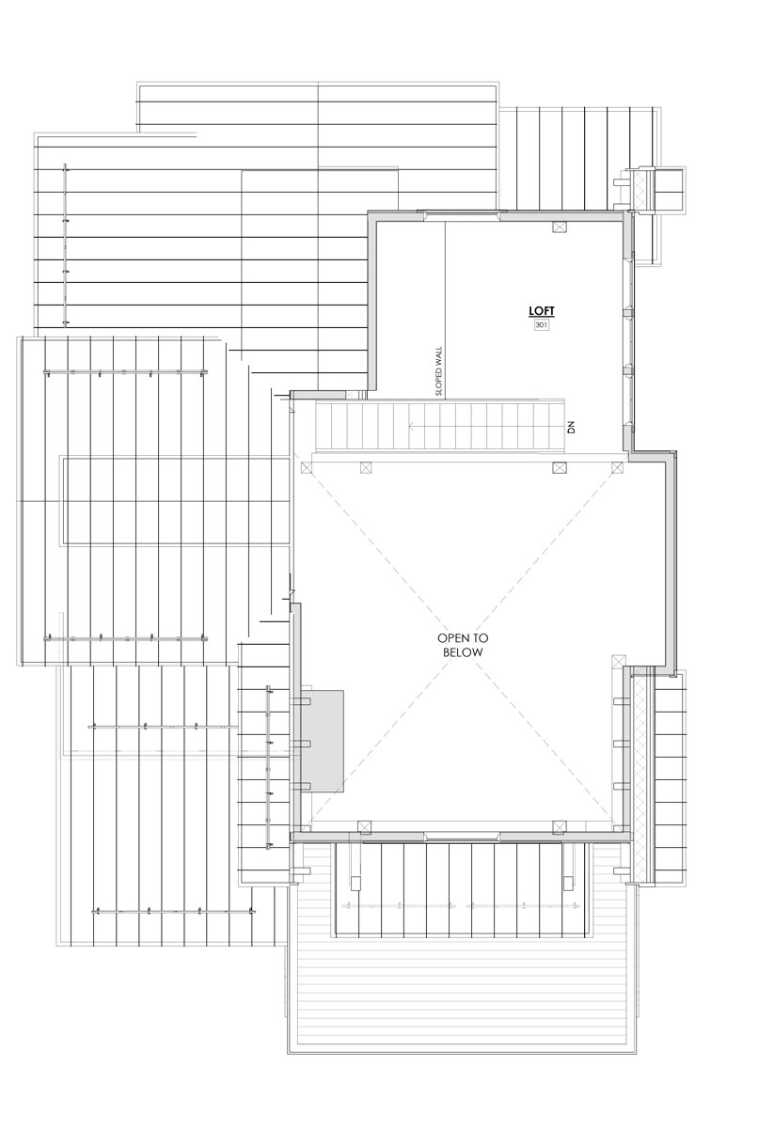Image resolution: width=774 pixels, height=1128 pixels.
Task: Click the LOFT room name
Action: coord(541,311)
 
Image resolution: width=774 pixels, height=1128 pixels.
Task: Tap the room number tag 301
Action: coord(541,325)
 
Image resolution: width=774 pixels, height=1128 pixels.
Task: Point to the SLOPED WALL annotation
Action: coord(438,371)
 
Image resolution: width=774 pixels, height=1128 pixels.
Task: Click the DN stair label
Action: coord(571,428)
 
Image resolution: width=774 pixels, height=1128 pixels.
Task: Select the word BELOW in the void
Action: coord(463,652)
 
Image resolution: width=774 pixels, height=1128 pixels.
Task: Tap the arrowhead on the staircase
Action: coord(411,428)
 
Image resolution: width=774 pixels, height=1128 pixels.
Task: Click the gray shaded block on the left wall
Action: coord(323,741)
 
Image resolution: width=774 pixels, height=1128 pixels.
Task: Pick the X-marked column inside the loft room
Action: coord(559,227)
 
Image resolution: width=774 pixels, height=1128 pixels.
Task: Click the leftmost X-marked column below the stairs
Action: coord(307,468)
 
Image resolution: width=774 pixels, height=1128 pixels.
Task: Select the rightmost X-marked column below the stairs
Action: coord(617,468)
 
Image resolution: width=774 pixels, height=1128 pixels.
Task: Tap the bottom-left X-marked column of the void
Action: coord(364,826)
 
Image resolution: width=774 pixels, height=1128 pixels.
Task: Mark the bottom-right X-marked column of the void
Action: coord(560,826)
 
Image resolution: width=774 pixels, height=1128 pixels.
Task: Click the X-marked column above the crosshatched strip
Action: coord(618,661)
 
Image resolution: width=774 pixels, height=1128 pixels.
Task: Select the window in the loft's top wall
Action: coord(462,215)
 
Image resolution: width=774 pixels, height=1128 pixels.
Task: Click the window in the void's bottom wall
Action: coord(462,836)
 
